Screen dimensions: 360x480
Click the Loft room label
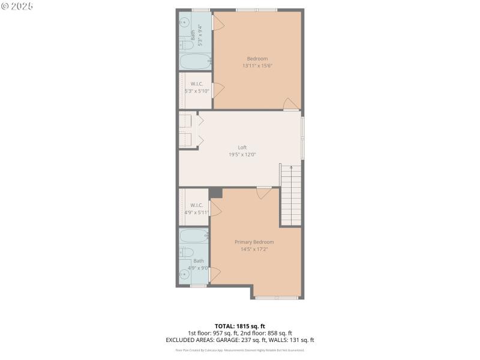(x=242, y=147)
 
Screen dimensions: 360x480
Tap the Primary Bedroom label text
(x=258, y=242)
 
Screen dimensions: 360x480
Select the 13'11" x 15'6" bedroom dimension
(x=257, y=65)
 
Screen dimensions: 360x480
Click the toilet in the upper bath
(x=186, y=44)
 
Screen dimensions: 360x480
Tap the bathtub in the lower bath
(x=193, y=236)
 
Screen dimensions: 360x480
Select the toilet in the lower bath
(x=185, y=253)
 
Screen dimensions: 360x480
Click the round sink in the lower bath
(x=185, y=274)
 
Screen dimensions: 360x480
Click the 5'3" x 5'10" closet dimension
(x=196, y=91)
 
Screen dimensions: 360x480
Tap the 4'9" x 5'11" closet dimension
(x=196, y=212)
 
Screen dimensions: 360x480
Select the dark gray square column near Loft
(x=216, y=193)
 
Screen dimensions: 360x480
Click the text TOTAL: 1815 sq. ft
(x=239, y=326)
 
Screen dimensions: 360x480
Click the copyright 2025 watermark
(x=17, y=6)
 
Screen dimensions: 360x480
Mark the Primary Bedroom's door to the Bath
(x=214, y=275)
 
